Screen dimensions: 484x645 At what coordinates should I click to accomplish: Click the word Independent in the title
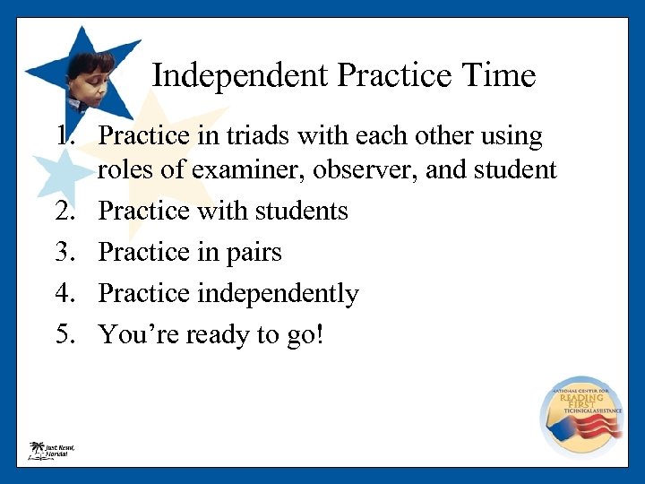[241, 75]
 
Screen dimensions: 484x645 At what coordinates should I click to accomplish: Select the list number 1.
[64, 136]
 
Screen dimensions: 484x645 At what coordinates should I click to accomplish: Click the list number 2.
[64, 211]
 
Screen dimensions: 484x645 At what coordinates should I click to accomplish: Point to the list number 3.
[64, 253]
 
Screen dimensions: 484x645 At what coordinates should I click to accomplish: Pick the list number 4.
[64, 294]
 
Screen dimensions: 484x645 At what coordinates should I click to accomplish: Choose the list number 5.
[64, 334]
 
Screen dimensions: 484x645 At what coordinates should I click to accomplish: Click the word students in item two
[300, 211]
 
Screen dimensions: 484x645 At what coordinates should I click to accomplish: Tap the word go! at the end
[305, 334]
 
